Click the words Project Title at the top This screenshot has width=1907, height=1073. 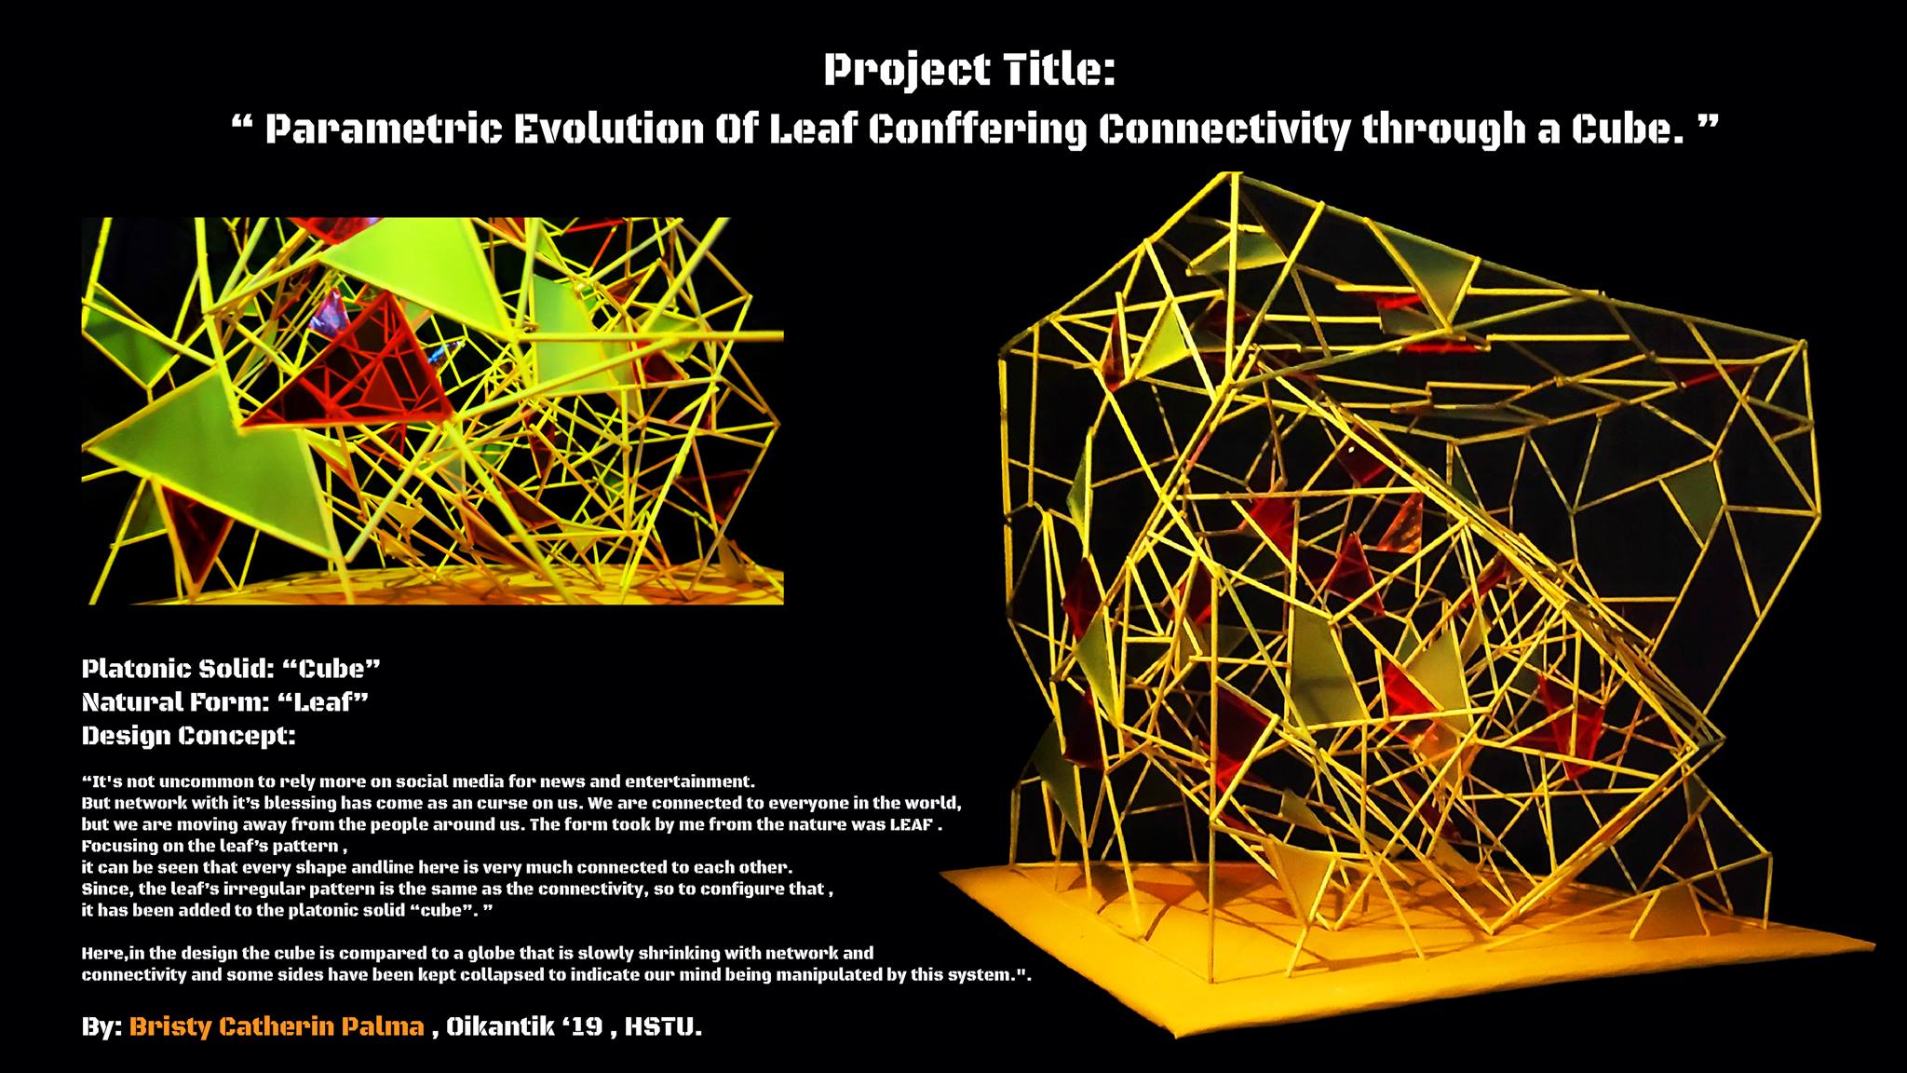[969, 71]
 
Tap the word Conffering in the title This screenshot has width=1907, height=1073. [977, 130]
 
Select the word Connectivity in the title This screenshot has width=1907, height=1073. [1224, 130]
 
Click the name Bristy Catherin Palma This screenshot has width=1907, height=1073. [277, 1026]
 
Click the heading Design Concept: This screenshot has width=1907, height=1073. [189, 736]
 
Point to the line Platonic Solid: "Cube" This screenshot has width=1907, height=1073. [231, 669]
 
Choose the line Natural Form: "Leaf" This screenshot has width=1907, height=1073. [225, 702]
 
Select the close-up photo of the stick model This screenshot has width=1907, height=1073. [433, 411]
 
